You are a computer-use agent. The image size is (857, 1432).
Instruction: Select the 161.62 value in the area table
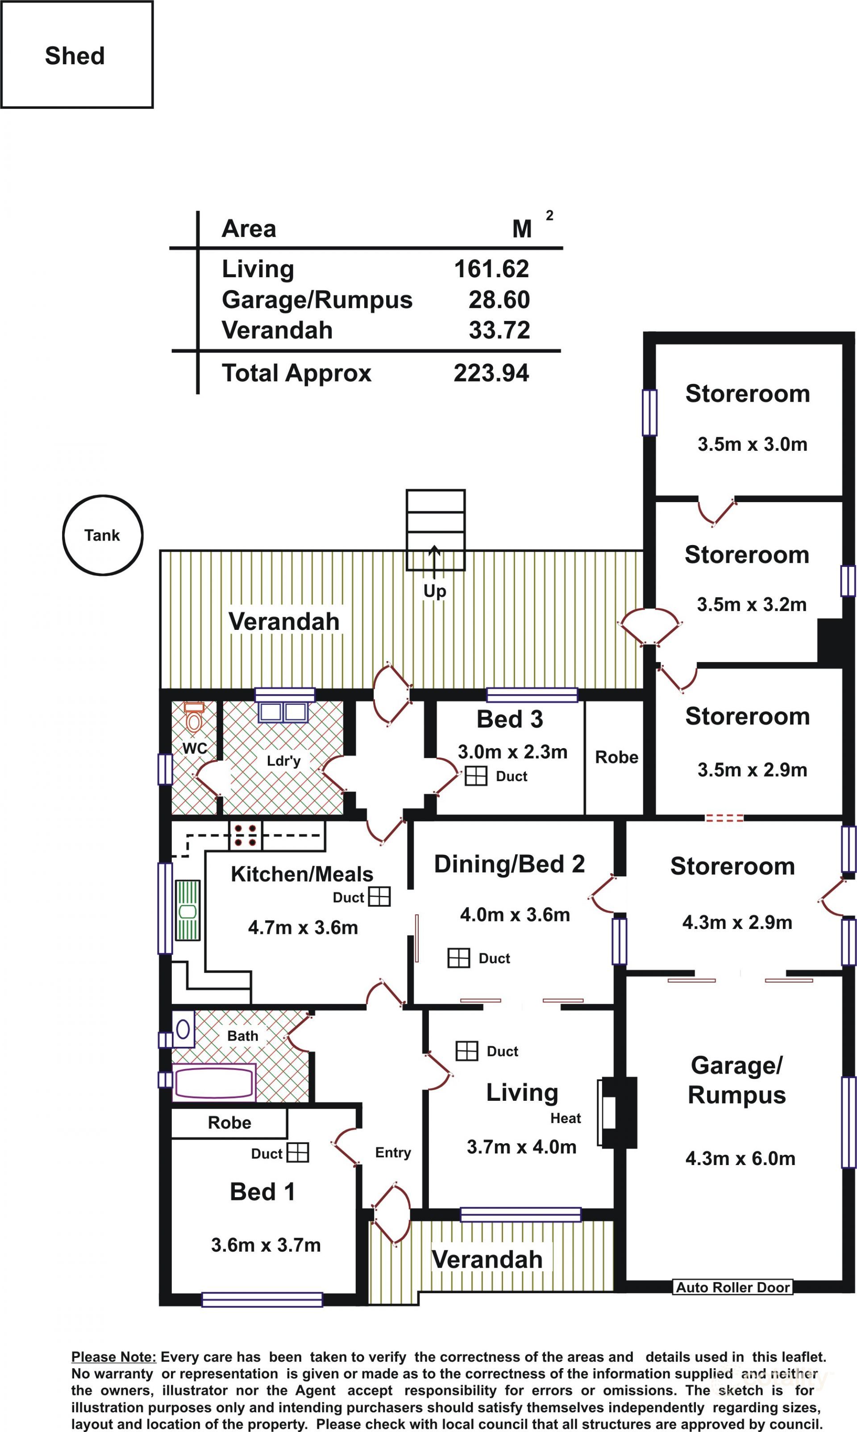pos(491,269)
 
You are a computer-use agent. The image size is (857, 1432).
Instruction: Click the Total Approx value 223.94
pos(491,373)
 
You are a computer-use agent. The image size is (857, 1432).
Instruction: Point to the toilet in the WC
pos(194,717)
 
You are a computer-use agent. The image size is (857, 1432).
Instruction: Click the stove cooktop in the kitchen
pos(245,836)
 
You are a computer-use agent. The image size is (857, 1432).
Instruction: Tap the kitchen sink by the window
pos(187,911)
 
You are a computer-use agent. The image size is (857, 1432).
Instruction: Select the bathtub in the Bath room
pos(214,1082)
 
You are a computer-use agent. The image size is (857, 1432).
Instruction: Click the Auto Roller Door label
pos(733,1287)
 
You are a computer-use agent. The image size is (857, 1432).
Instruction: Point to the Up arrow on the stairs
pos(434,563)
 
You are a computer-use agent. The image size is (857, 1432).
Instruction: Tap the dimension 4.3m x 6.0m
pos(741,1158)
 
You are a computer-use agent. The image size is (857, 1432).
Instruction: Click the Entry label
pos(393,1153)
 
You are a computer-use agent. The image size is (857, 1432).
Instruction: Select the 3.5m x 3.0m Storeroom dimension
pos(753,444)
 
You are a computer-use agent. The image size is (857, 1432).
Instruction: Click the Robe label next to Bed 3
pos(617,757)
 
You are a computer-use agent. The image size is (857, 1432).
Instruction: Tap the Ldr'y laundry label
pos(283,761)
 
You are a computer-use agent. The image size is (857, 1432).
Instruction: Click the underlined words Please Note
pos(114,1357)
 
